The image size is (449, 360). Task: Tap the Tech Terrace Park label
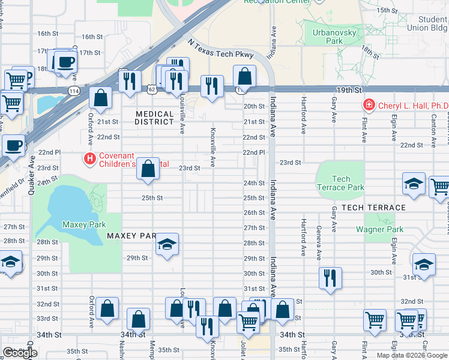tap(340, 183)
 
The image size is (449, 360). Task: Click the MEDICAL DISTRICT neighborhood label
tap(154, 118)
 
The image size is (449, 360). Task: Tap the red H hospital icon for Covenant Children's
tap(89, 159)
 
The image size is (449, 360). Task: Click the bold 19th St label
tap(350, 89)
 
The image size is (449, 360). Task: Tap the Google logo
tap(20, 353)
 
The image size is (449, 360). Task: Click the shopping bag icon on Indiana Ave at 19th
tap(244, 76)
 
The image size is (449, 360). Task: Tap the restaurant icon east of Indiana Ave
tap(330, 278)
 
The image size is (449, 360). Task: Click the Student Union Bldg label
tap(432, 23)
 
